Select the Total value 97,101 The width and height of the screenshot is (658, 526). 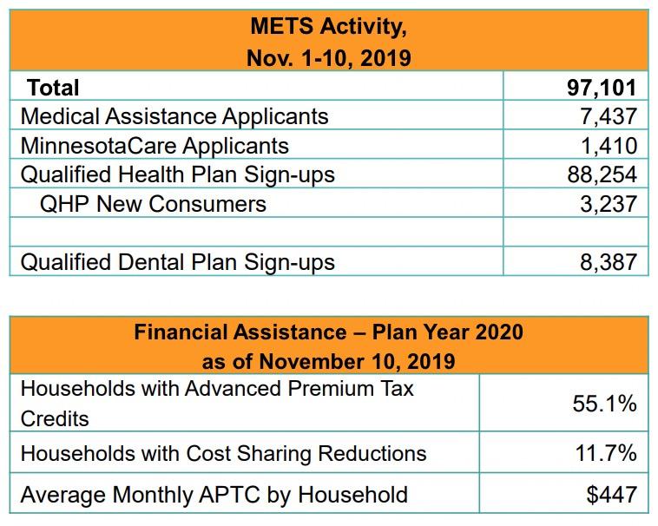coord(601,88)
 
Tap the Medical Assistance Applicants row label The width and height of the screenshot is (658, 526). coord(174,116)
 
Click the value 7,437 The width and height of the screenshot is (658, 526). coord(609,116)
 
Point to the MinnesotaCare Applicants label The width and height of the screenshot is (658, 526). coord(155,145)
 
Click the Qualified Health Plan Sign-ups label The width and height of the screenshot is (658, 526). coord(177,174)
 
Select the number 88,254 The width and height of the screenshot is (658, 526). coord(602,174)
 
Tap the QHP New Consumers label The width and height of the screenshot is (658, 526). coord(154,203)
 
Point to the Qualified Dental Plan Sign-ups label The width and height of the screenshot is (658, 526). coord(177,261)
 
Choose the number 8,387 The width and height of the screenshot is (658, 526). coord(609,261)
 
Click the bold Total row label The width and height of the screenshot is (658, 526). coord(53,88)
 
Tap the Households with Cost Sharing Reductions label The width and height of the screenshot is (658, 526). coord(223,453)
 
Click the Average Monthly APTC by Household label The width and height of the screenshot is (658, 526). coord(214,496)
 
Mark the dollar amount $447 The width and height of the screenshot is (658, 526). coord(611,496)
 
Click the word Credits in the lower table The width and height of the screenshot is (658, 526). coord(55,419)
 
